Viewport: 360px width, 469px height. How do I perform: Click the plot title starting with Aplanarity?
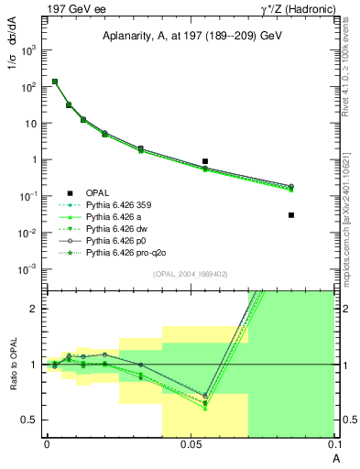191,33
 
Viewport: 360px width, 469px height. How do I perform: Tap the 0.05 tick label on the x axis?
191,444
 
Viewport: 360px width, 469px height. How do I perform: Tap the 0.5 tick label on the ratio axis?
31,420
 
